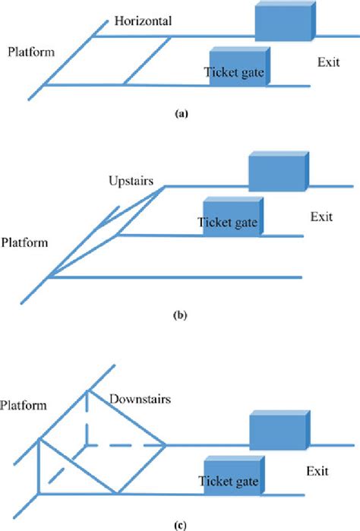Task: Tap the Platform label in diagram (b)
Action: (x=26, y=243)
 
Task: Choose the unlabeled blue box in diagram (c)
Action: (x=279, y=431)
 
